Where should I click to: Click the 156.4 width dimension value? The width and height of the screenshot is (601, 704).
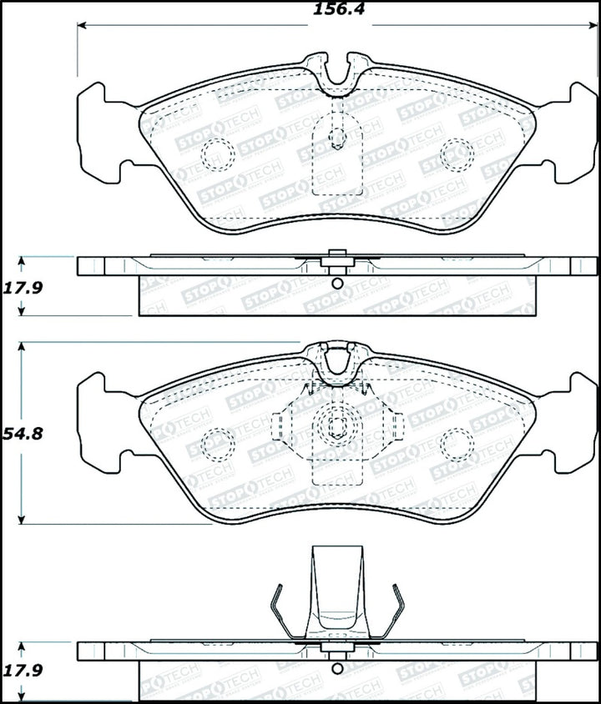click(319, 9)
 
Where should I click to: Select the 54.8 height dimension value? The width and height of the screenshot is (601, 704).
click(22, 434)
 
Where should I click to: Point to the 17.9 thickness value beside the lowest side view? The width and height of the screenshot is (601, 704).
click(23, 669)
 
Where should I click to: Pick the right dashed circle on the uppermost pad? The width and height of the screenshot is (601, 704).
click(456, 153)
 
